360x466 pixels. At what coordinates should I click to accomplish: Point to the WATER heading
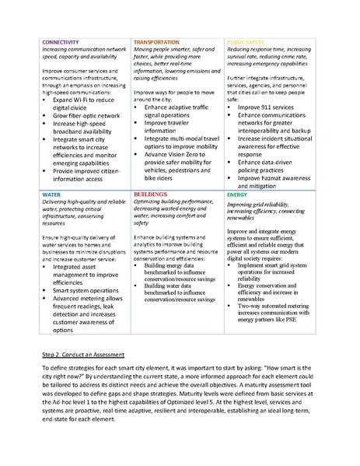click(51, 194)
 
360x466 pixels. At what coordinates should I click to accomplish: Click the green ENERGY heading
click(238, 194)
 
